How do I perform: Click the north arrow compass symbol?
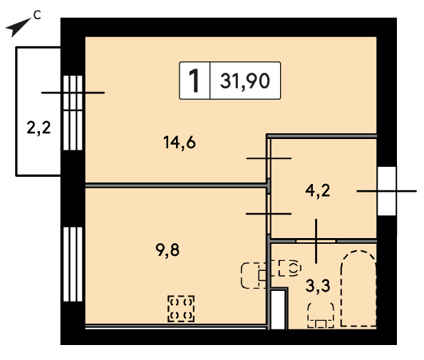pyautogui.click(x=18, y=27)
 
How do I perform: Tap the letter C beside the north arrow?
pyautogui.click(x=37, y=16)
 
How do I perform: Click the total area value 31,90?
pyautogui.click(x=245, y=81)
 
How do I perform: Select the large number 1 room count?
pyautogui.click(x=194, y=81)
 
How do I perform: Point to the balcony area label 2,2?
pyautogui.click(x=38, y=128)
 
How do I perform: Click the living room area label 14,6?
pyautogui.click(x=180, y=143)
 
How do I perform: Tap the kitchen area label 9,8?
pyautogui.click(x=167, y=250)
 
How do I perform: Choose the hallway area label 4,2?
pyautogui.click(x=318, y=190)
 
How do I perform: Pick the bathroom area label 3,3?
pyautogui.click(x=318, y=286)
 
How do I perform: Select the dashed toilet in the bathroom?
pyautogui.click(x=321, y=315)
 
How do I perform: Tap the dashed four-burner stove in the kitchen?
pyautogui.click(x=181, y=309)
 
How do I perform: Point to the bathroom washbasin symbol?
pyautogui.click(x=290, y=268)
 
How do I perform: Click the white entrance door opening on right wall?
pyautogui.click(x=387, y=191)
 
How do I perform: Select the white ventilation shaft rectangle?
pyautogui.click(x=278, y=310)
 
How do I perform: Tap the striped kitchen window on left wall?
pyautogui.click(x=73, y=264)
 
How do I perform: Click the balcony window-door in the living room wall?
pyautogui.click(x=73, y=113)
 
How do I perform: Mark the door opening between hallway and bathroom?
pyautogui.click(x=316, y=241)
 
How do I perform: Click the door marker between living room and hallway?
pyautogui.click(x=269, y=158)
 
